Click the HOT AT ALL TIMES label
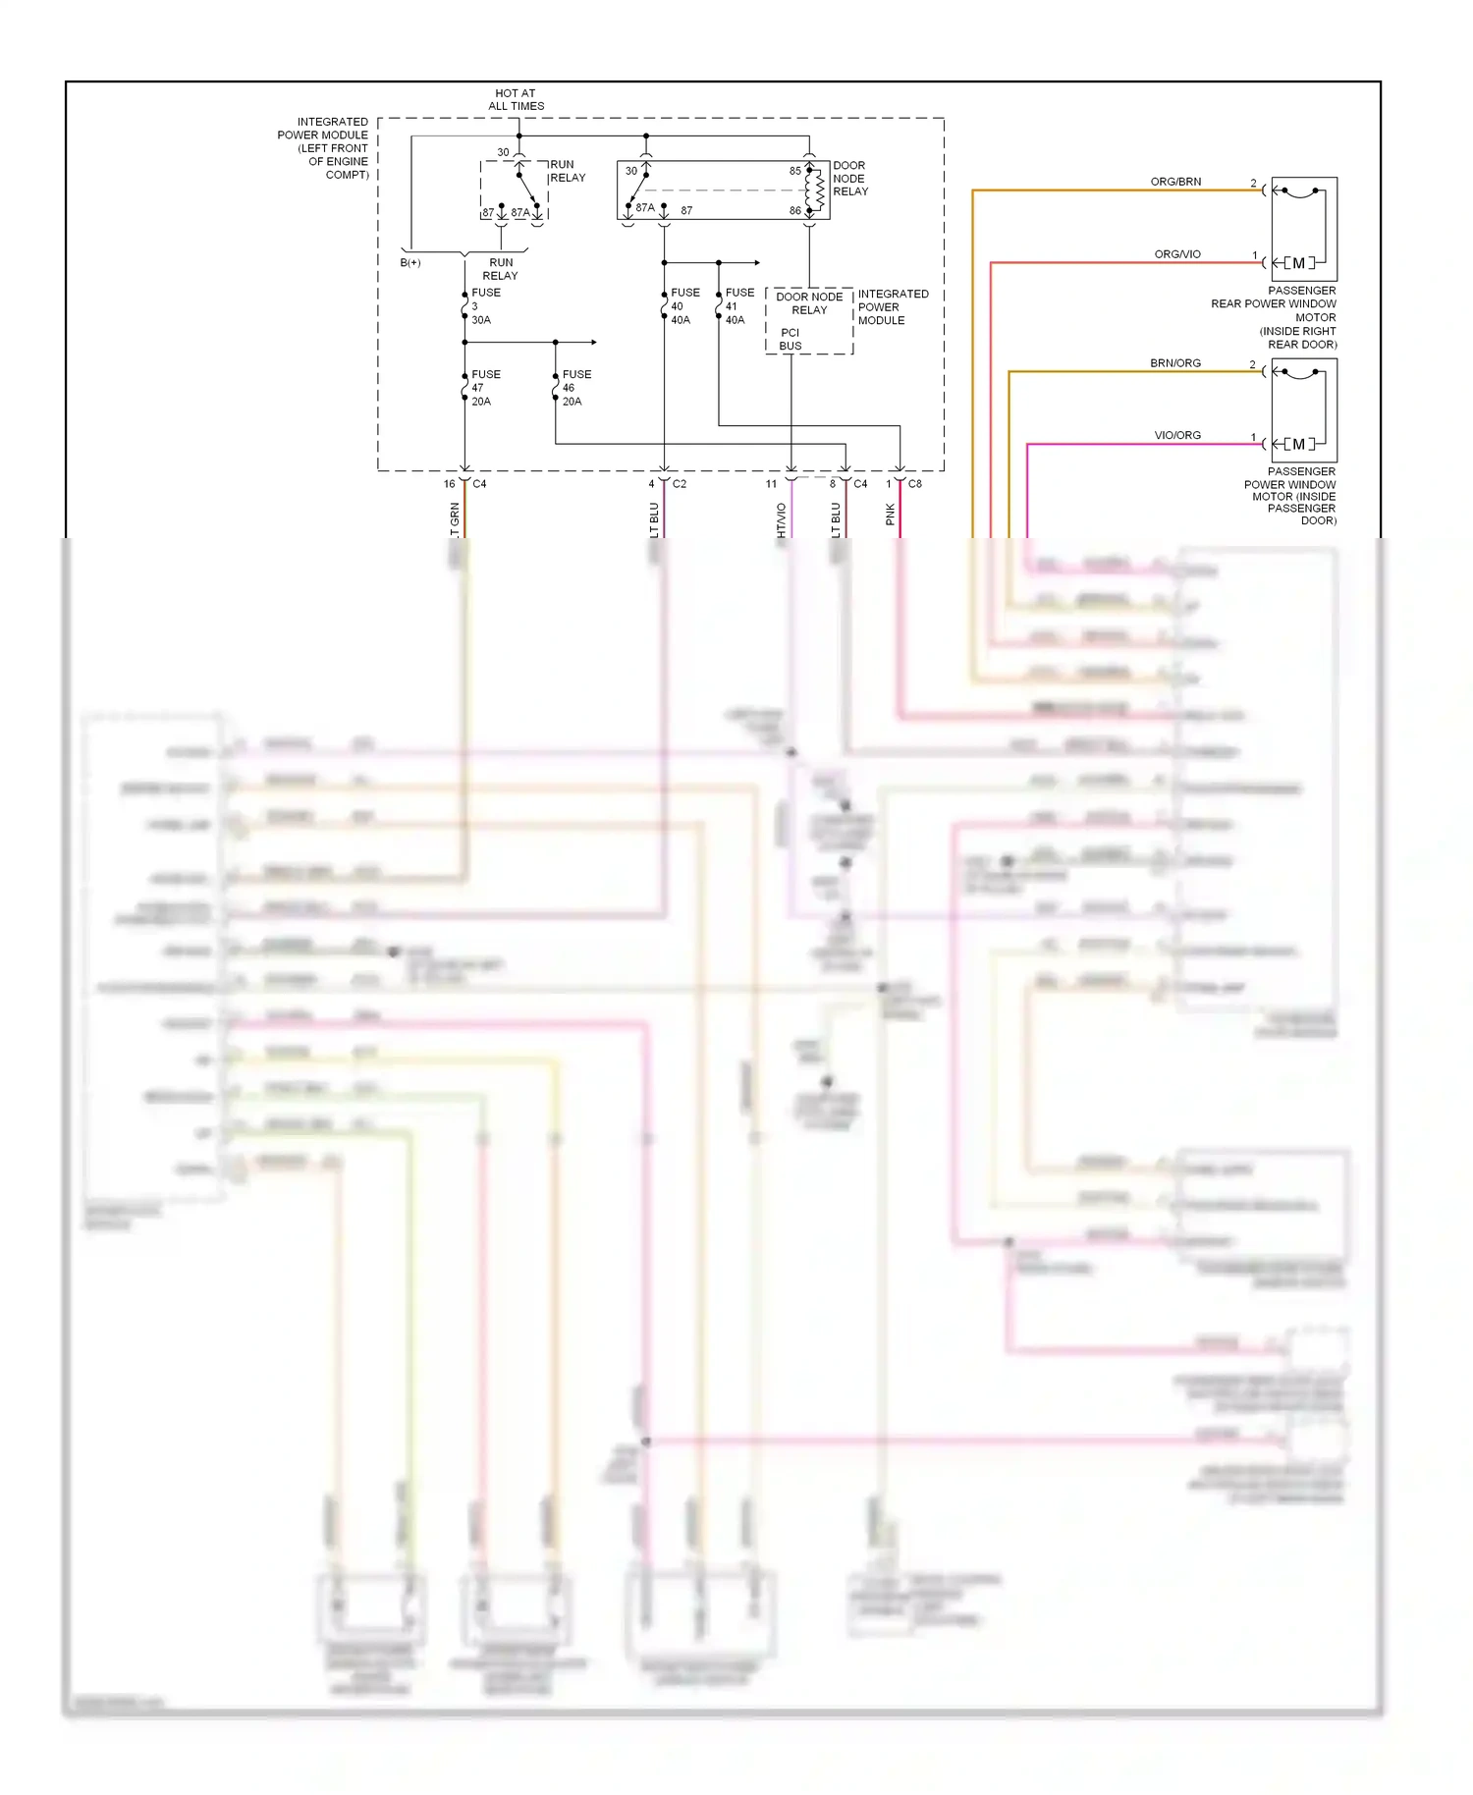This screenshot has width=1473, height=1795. click(516, 99)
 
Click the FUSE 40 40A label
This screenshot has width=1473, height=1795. click(683, 306)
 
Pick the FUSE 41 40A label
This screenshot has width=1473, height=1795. click(738, 306)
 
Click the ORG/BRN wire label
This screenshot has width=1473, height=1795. click(1175, 182)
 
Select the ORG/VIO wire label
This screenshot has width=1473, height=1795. click(1176, 254)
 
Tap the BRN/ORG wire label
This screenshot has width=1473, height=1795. click(1175, 363)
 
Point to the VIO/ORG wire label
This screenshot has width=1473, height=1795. click(1176, 435)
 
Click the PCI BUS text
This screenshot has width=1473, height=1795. click(791, 340)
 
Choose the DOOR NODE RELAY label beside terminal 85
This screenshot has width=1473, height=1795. click(849, 179)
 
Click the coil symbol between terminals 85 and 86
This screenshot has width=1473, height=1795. click(816, 190)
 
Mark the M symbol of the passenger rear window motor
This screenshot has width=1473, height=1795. click(1298, 263)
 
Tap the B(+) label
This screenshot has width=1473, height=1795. click(410, 263)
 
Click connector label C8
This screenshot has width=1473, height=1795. click(914, 484)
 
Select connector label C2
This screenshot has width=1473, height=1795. click(679, 484)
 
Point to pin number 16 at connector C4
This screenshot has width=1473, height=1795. click(449, 484)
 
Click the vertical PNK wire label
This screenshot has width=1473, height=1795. click(891, 515)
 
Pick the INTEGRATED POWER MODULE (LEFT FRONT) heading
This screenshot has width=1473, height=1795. click(324, 148)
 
